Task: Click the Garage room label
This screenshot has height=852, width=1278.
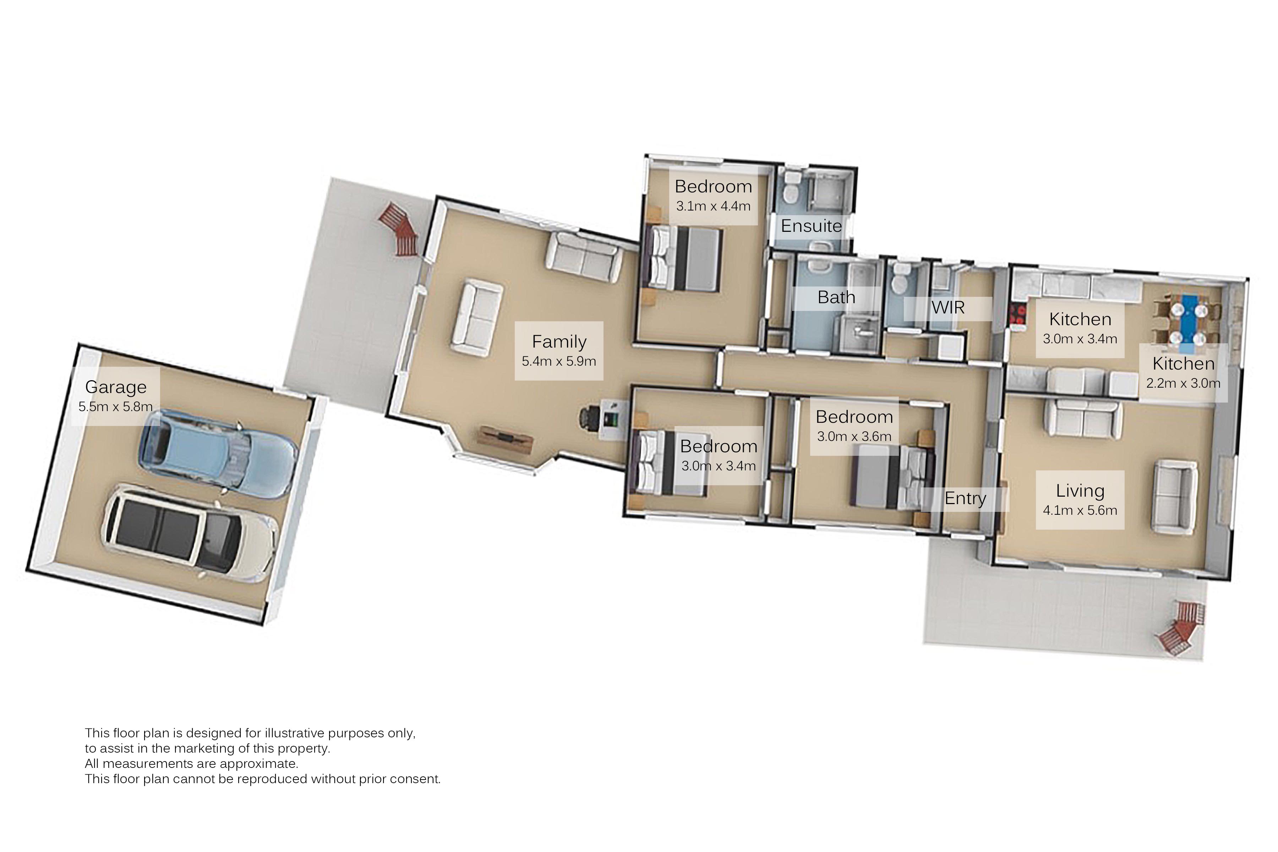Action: (x=116, y=387)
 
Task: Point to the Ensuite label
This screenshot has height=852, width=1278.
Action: (x=811, y=225)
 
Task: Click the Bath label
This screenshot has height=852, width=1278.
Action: (x=836, y=297)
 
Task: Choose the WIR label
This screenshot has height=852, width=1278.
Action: (x=948, y=307)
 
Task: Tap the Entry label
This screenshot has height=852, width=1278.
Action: (x=965, y=498)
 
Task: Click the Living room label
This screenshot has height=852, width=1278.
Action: (x=1080, y=491)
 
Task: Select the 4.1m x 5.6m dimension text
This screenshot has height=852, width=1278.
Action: (x=1080, y=510)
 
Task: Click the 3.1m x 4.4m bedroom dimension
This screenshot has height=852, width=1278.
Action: (x=713, y=206)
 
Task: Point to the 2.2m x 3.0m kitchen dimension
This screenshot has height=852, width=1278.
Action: (x=1183, y=383)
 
